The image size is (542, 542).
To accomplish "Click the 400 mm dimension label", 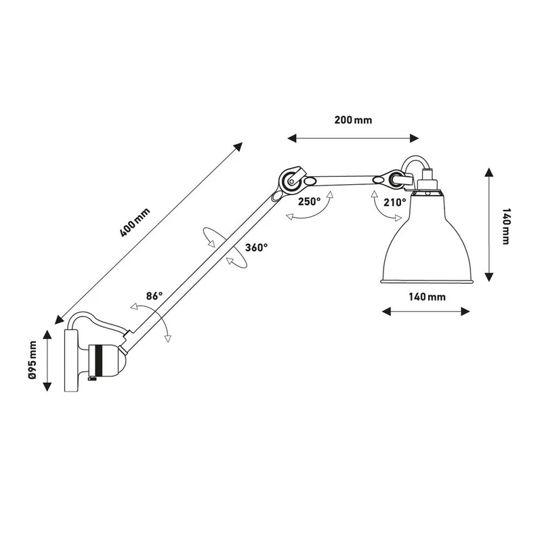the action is point(135,223).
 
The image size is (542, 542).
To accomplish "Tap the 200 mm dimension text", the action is point(353,120).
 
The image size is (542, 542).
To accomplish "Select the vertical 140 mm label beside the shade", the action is point(505,226).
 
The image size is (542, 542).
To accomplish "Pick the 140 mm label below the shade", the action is point(428,297).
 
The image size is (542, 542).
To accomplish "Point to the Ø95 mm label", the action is point(33,360).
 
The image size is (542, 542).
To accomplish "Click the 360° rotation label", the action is point(257,247).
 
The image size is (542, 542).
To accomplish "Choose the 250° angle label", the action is point(310,201).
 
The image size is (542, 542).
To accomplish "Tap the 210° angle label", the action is point(395,202).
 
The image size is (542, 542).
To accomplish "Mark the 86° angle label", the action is point(154,296).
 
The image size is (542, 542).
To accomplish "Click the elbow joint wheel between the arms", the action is point(291,180).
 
